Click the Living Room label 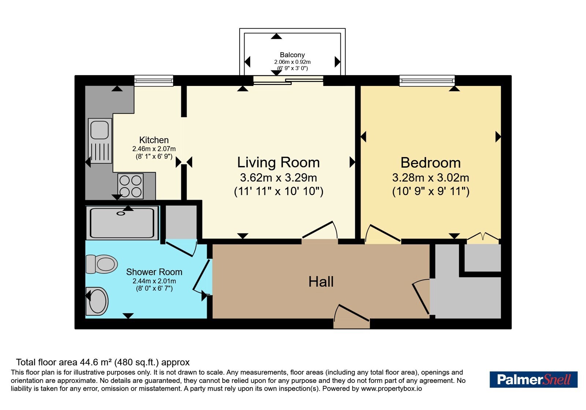click(x=278, y=163)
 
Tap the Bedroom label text click(x=431, y=163)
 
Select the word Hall click(x=321, y=282)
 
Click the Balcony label click(x=292, y=55)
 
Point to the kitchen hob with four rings click(x=130, y=186)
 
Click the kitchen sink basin click(x=100, y=130)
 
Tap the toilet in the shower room click(x=102, y=264)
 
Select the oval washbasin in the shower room click(x=97, y=301)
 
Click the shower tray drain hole click(x=121, y=213)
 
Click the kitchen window click(x=154, y=81)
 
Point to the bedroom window click(x=427, y=81)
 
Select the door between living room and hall click(x=320, y=230)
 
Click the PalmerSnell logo click(x=533, y=379)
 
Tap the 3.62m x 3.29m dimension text click(x=278, y=178)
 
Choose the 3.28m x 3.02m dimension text click(x=431, y=178)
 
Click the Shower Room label click(x=154, y=272)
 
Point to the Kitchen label click(x=154, y=140)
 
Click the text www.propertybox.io click(x=392, y=388)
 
